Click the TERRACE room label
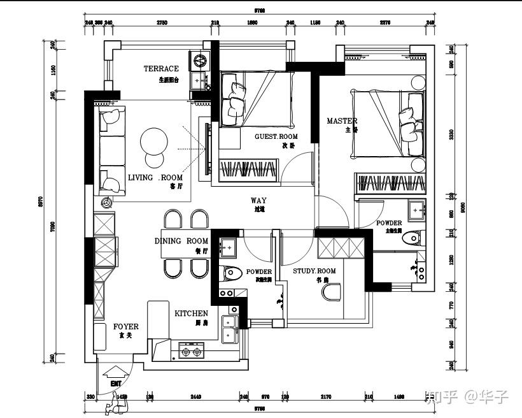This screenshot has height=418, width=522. (161, 69)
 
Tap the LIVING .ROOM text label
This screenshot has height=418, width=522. (155, 178)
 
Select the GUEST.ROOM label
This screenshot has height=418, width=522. (276, 137)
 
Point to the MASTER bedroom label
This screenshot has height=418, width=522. (342, 121)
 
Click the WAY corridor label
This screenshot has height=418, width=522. (258, 201)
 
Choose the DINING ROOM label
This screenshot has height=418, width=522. (181, 241)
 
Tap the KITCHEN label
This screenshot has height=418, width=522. (191, 313)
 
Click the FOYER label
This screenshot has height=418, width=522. (125, 327)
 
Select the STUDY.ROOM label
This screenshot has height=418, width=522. (314, 271)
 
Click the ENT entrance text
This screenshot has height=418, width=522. (116, 384)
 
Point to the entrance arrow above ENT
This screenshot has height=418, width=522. (116, 371)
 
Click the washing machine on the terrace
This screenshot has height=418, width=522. (201, 62)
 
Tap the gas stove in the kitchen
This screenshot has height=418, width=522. (192, 350)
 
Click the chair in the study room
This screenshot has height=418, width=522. (332, 292)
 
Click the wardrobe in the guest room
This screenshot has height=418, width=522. (248, 171)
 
